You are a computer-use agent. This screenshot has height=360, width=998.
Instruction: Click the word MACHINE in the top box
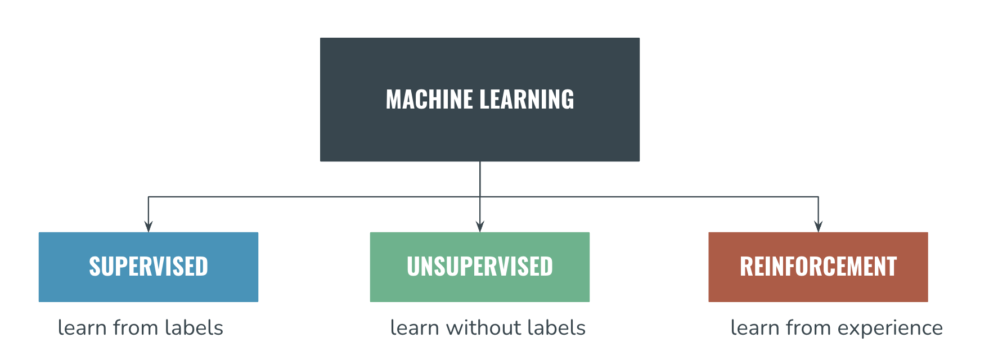pyautogui.click(x=429, y=100)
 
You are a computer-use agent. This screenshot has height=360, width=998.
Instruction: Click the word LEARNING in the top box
pyautogui.click(x=527, y=100)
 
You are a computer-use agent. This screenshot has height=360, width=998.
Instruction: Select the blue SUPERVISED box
pyautogui.click(x=149, y=267)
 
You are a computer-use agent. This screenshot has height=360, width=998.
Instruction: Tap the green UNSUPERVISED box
pyautogui.click(x=479, y=267)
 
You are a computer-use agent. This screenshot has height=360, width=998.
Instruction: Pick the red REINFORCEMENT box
pyautogui.click(x=818, y=267)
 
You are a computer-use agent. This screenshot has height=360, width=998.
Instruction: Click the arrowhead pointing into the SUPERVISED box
pyautogui.click(x=149, y=226)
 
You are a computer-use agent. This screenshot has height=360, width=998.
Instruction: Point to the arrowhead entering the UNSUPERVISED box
pyautogui.click(x=480, y=226)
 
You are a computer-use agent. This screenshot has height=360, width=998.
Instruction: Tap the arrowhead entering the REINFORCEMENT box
pyautogui.click(x=818, y=226)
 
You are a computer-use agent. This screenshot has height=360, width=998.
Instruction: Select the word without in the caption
pyautogui.click(x=482, y=327)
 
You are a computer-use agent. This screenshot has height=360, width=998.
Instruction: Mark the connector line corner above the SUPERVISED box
pyautogui.click(x=149, y=197)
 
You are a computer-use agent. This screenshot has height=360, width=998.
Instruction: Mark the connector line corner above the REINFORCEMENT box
pyautogui.click(x=818, y=197)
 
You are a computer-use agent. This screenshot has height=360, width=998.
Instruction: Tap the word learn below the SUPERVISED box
pyautogui.click(x=82, y=327)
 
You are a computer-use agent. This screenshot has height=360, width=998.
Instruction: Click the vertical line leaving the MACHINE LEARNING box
pyautogui.click(x=480, y=179)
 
